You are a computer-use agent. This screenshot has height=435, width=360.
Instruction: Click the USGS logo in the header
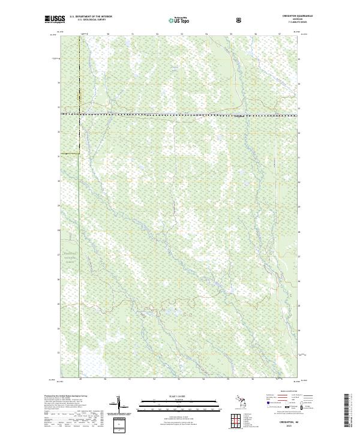click(54, 20)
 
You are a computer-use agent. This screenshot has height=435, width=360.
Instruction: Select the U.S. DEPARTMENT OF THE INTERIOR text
click(91, 17)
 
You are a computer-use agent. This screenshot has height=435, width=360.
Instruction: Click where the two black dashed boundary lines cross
click(79, 113)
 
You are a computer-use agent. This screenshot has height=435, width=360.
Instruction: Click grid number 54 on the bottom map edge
click(204, 380)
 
